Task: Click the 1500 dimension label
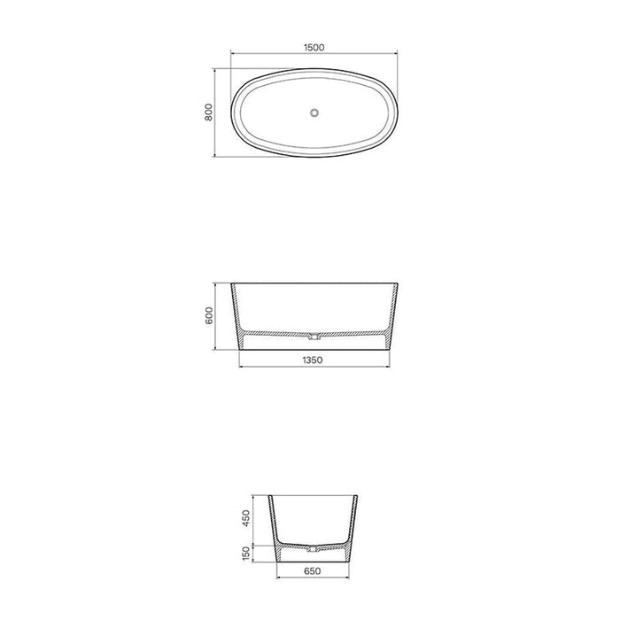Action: pyautogui.click(x=314, y=48)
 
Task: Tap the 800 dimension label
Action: pyautogui.click(x=209, y=112)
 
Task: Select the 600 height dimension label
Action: pyautogui.click(x=209, y=315)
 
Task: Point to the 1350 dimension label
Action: pyautogui.click(x=313, y=360)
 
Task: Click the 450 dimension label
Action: pyautogui.click(x=245, y=518)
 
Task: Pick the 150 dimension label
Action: pyautogui.click(x=245, y=554)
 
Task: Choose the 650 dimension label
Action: pyautogui.click(x=313, y=571)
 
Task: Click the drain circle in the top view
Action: pyautogui.click(x=314, y=112)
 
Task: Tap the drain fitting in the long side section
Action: pyautogui.click(x=314, y=337)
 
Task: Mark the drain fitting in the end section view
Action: pyautogui.click(x=314, y=549)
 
